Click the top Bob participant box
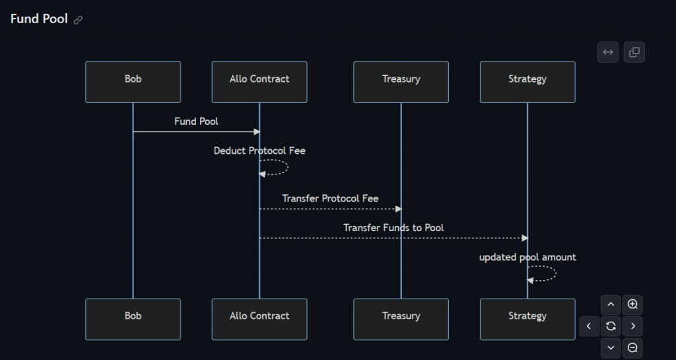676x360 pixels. coord(133,82)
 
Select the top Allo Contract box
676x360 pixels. coord(259,82)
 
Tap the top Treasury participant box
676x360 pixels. coord(401,82)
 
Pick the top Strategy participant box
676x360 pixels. coord(527,82)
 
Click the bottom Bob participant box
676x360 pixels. coord(133,319)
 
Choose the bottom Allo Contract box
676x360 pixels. coord(259,319)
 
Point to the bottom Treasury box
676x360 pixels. coord(401,319)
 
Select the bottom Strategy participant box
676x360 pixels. coord(527,319)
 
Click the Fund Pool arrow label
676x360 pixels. coord(196,122)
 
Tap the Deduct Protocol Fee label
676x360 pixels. coord(259,151)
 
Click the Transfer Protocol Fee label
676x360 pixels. coord(330,198)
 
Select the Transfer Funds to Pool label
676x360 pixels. coord(393,228)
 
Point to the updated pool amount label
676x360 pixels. coord(527,257)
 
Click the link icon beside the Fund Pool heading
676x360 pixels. coord(78,20)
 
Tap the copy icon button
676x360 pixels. coord(634,52)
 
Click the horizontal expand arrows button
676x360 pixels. coord(607,52)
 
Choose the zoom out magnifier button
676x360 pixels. coord(632,347)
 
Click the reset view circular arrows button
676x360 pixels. coord(611,326)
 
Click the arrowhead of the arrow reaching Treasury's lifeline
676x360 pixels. coord(398,209)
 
